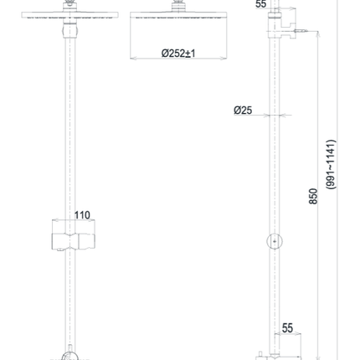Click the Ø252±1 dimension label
(x=178, y=53)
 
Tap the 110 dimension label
(x=82, y=215)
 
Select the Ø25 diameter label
(x=243, y=111)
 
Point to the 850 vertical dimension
(x=313, y=196)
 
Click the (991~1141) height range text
(x=331, y=165)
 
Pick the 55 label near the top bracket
(x=261, y=4)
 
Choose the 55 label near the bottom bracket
(x=287, y=328)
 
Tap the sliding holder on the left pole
(x=74, y=241)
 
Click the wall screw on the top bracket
(x=301, y=31)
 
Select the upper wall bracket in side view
(x=282, y=24)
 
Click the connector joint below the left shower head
(x=69, y=30)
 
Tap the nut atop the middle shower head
(x=178, y=5)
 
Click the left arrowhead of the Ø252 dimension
(x=131, y=59)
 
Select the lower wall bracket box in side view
(x=287, y=346)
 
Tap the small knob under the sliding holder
(x=59, y=251)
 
